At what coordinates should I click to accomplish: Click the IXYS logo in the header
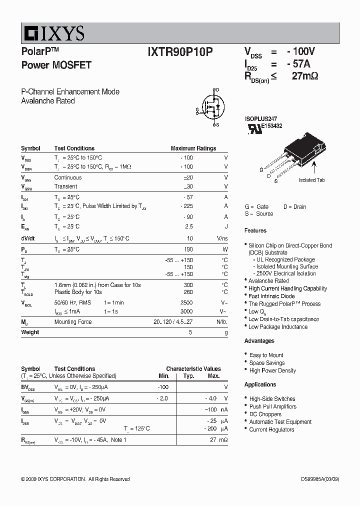(x=53, y=33)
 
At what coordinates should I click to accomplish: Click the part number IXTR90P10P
(x=180, y=52)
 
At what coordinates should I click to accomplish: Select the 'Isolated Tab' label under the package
(x=311, y=180)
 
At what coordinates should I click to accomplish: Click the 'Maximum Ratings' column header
(x=193, y=148)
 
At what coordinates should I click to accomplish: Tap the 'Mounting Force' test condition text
(x=73, y=322)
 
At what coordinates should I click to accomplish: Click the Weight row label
(x=30, y=332)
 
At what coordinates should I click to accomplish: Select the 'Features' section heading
(x=255, y=230)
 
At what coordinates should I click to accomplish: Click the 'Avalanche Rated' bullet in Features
(x=268, y=281)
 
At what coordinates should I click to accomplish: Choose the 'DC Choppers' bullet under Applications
(x=265, y=414)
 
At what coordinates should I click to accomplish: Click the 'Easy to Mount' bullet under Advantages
(x=266, y=355)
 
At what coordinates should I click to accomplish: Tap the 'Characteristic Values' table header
(x=193, y=369)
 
